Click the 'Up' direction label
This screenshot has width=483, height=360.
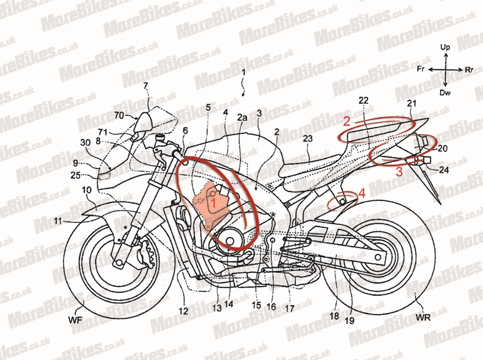pos(445,47)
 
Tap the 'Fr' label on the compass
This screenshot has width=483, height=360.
pos(421,69)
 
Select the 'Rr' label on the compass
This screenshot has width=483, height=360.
pos(469,70)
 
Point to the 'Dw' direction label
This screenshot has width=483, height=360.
pos(445,92)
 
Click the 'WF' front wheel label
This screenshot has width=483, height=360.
pos(75,320)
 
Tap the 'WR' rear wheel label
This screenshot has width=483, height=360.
pos(423,317)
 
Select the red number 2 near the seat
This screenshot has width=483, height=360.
pos(347,122)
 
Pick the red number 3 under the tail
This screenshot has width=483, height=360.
pos(399,172)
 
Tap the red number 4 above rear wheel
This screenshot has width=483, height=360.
pos(362,193)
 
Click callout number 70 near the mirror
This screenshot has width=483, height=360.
pos(119,115)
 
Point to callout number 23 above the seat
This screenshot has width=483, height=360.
pos(307,139)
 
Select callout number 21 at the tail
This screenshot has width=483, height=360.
pos(412,103)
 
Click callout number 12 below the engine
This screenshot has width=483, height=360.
pos(184,311)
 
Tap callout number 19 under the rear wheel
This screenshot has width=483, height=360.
pos(350,321)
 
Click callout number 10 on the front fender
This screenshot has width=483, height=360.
pos(86,190)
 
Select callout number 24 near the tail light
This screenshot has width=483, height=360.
pos(444,170)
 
